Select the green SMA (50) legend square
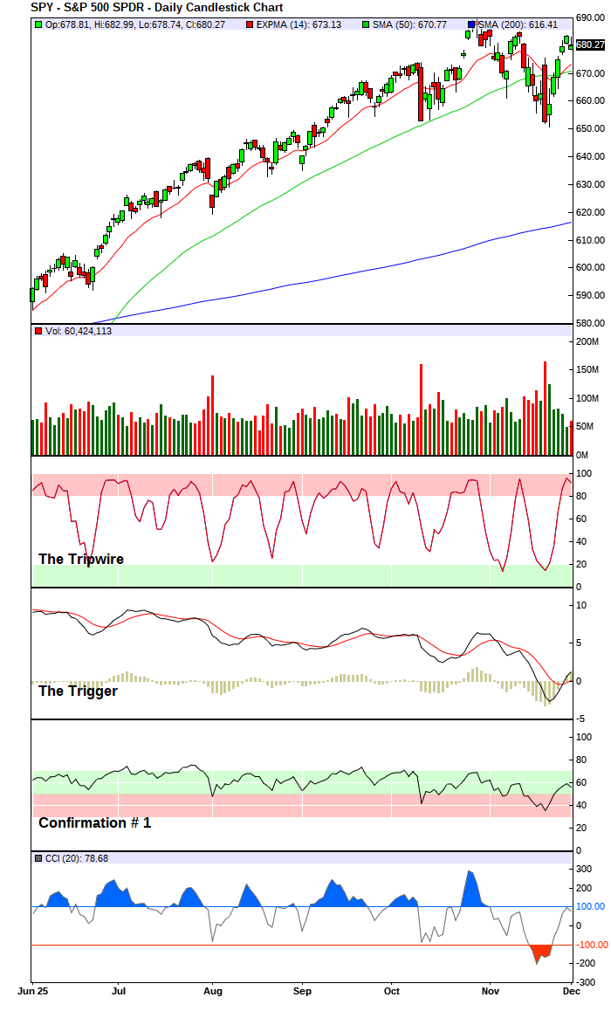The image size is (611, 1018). tap(366, 24)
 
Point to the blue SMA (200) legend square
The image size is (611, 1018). tap(472, 24)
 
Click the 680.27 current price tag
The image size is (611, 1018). tap(590, 45)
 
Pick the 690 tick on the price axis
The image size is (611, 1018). tap(587, 18)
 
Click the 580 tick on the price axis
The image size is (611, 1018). tap(587, 323)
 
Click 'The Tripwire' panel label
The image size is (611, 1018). tap(81, 559)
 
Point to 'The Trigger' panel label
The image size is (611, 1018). tap(78, 691)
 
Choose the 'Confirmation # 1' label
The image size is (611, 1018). tap(94, 822)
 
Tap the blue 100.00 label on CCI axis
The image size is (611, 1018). tap(589, 907)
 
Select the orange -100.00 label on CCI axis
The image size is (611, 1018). tap(589, 945)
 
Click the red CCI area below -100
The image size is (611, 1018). tap(541, 952)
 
